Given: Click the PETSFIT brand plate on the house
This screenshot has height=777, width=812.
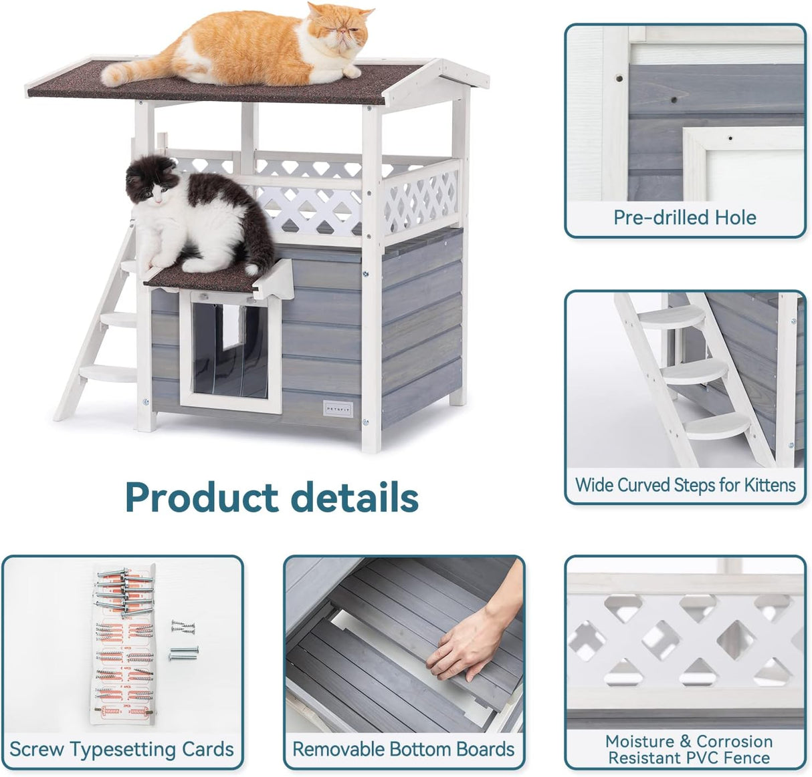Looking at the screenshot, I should pyautogui.click(x=338, y=408).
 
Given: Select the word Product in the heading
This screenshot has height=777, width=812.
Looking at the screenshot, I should pyautogui.click(x=201, y=498).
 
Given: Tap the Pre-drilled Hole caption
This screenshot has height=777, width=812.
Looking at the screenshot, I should pyautogui.click(x=685, y=218).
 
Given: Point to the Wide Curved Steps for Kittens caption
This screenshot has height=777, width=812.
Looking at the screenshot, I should pyautogui.click(x=686, y=484).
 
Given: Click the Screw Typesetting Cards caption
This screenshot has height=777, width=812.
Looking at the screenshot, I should pyautogui.click(x=122, y=749).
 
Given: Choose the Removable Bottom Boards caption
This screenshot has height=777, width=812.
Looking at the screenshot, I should pyautogui.click(x=404, y=749).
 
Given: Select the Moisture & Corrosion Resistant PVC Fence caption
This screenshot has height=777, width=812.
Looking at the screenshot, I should pyautogui.click(x=689, y=750).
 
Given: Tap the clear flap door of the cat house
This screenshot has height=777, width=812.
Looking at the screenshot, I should pyautogui.click(x=230, y=347).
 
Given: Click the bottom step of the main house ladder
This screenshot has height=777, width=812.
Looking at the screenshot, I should pyautogui.click(x=107, y=371).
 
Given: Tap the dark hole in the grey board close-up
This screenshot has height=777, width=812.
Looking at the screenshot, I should pyautogui.click(x=674, y=100).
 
